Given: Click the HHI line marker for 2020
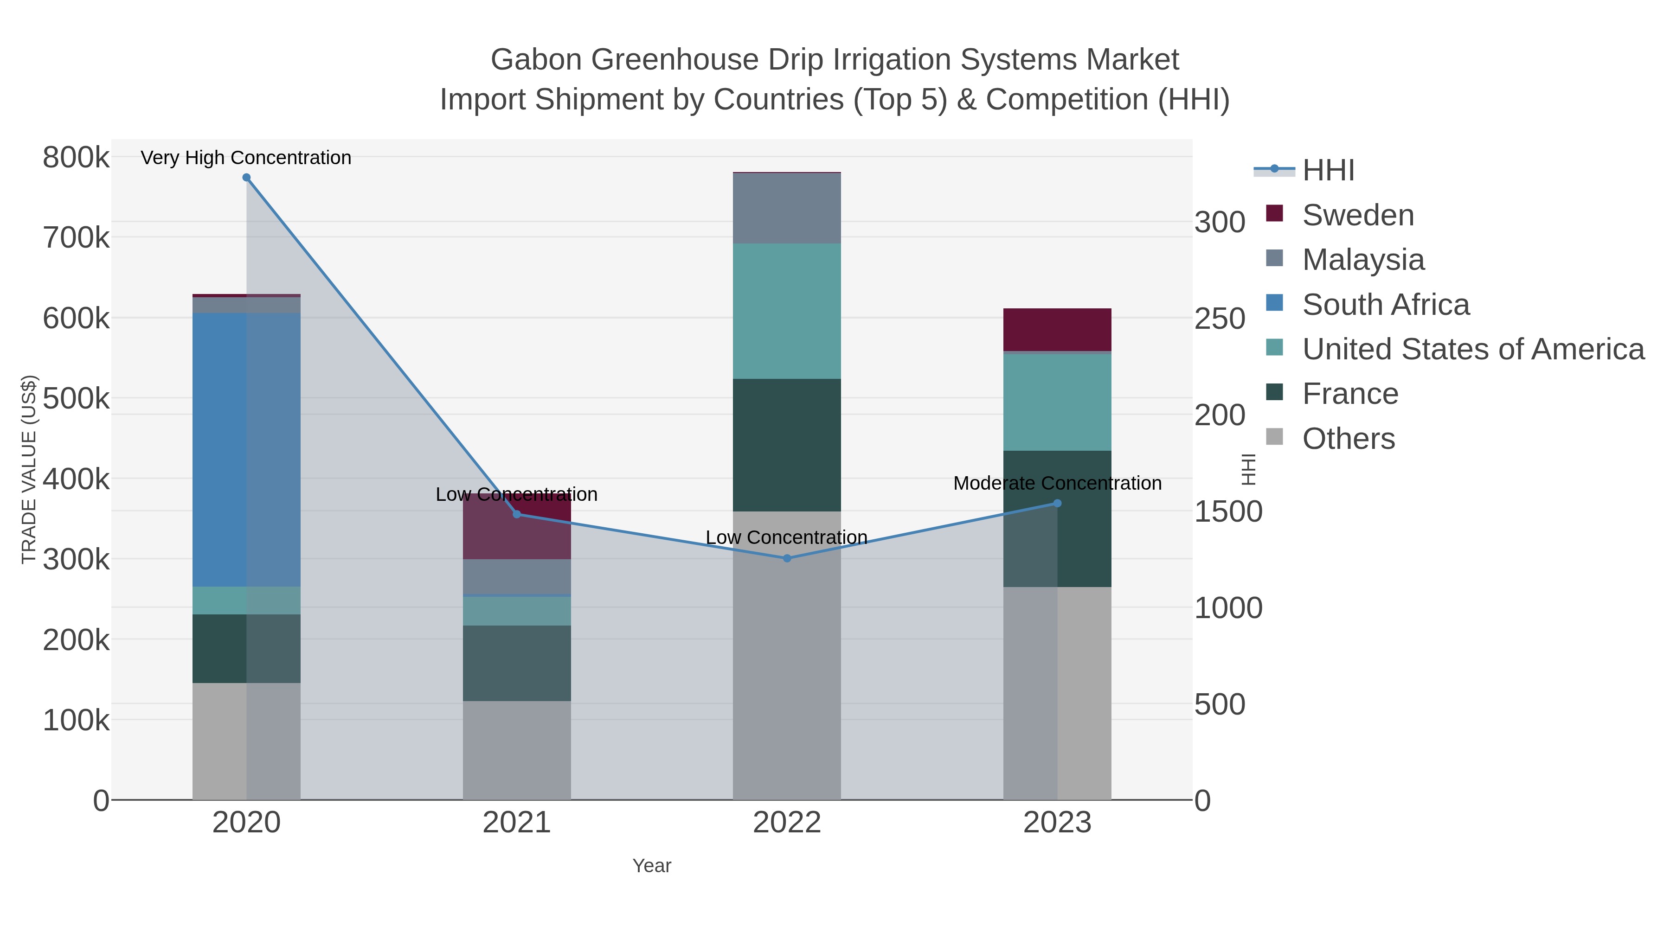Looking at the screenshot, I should (x=246, y=178).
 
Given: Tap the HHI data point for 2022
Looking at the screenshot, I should (x=787, y=558).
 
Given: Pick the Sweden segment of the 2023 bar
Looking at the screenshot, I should (x=1057, y=330).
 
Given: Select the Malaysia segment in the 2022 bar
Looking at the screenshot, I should (x=787, y=208).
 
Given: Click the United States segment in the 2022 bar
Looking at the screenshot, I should (x=787, y=311).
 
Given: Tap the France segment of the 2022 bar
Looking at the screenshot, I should (x=787, y=445).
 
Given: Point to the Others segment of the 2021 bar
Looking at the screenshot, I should (x=517, y=750).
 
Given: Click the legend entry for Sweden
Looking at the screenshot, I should (x=1357, y=215).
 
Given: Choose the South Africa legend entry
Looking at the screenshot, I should (x=1385, y=305).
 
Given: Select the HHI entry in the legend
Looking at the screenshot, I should (x=1328, y=171).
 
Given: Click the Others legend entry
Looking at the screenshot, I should (x=1348, y=439).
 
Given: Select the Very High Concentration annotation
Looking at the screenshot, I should (x=246, y=158).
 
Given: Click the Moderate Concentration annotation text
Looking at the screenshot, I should (x=1057, y=484).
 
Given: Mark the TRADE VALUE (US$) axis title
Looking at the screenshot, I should (x=28, y=469).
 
